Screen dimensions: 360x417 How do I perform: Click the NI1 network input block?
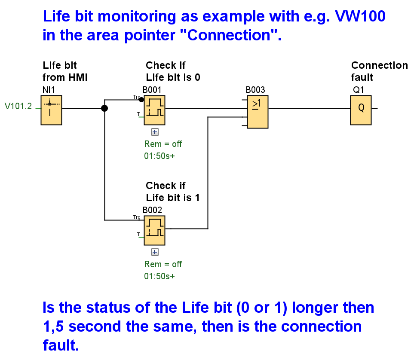point(51,110)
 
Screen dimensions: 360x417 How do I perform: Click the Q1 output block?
point(361,110)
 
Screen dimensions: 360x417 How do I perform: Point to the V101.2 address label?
point(18,106)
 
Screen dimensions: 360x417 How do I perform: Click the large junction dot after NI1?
point(104,108)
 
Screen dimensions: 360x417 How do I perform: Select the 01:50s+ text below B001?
point(159,156)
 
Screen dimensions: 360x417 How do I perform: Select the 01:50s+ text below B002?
point(159,276)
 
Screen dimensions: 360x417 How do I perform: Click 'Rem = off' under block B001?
point(163,144)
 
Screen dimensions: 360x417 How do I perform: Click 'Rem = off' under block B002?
point(163,264)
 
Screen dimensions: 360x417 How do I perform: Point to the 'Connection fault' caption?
point(379,71)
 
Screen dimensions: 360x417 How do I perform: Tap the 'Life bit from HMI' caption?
point(65,71)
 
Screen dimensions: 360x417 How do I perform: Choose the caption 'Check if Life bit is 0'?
point(173,71)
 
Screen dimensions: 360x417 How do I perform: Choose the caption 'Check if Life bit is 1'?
point(173,192)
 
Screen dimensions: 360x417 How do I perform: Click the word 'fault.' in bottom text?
point(61,345)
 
